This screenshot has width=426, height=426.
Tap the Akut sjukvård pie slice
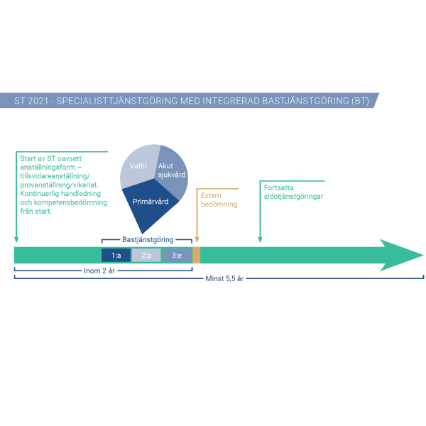pyautogui.click(x=173, y=170)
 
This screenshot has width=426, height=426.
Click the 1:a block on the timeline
pyautogui.click(x=116, y=256)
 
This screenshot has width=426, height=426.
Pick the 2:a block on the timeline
pyautogui.click(x=146, y=256)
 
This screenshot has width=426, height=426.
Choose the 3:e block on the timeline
pyautogui.click(x=176, y=256)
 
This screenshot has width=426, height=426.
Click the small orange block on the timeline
pyautogui.click(x=196, y=256)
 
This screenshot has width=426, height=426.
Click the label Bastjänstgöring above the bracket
pyautogui.click(x=148, y=240)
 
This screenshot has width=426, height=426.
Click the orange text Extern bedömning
pyautogui.click(x=218, y=200)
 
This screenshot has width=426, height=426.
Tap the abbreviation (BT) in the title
pyautogui.click(x=361, y=100)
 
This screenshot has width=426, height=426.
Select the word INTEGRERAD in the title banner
pyautogui.click(x=226, y=100)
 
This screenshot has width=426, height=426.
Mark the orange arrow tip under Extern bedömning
pyautogui.click(x=197, y=241)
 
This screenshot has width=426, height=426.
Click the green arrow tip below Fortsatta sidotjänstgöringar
pyautogui.click(x=260, y=241)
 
